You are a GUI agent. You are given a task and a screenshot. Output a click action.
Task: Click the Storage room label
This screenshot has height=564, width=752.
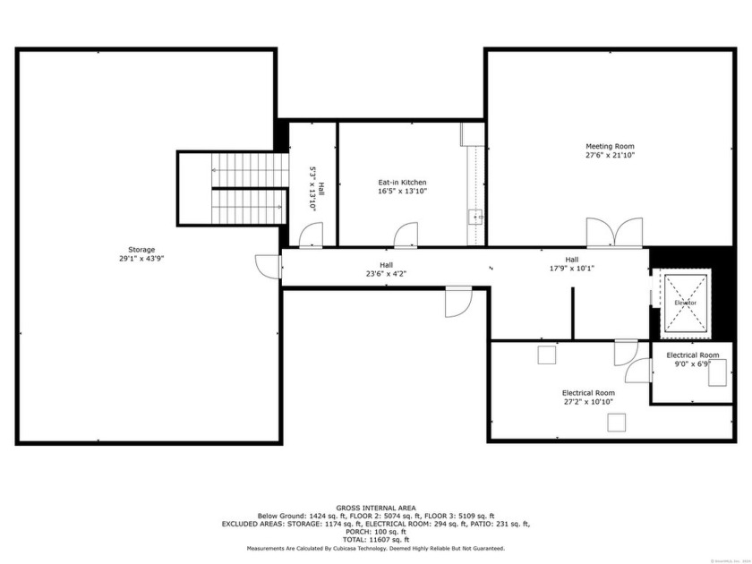point(141,249)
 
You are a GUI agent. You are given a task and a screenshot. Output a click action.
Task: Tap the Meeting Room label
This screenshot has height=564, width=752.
point(610,146)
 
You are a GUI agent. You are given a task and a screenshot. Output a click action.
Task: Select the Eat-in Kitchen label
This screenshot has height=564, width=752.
point(402,182)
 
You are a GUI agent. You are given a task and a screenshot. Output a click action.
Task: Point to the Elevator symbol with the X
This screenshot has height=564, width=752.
point(685,303)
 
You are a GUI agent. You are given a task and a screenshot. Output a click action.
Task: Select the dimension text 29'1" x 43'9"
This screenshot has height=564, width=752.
point(141,258)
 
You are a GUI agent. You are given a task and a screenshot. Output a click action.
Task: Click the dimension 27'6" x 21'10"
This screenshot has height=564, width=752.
point(610,155)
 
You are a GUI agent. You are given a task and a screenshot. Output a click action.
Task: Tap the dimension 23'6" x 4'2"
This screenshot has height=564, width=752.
point(386,274)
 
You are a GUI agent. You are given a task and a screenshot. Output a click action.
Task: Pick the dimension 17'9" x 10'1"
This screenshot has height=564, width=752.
point(571,268)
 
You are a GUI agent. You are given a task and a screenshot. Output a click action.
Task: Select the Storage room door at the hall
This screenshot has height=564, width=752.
point(267,266)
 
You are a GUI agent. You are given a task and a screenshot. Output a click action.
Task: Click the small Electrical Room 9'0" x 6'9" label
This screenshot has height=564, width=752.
point(692,355)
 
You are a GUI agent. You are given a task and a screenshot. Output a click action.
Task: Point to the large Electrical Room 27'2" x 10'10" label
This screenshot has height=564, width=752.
point(587,393)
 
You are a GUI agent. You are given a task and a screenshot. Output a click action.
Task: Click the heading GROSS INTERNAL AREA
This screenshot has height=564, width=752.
point(375,508)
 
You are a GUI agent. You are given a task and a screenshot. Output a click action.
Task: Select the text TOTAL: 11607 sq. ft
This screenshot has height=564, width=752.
point(375,540)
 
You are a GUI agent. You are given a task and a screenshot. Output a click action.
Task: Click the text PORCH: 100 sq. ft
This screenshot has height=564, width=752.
point(375,532)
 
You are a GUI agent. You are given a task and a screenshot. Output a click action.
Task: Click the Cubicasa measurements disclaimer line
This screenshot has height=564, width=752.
point(375,548)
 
